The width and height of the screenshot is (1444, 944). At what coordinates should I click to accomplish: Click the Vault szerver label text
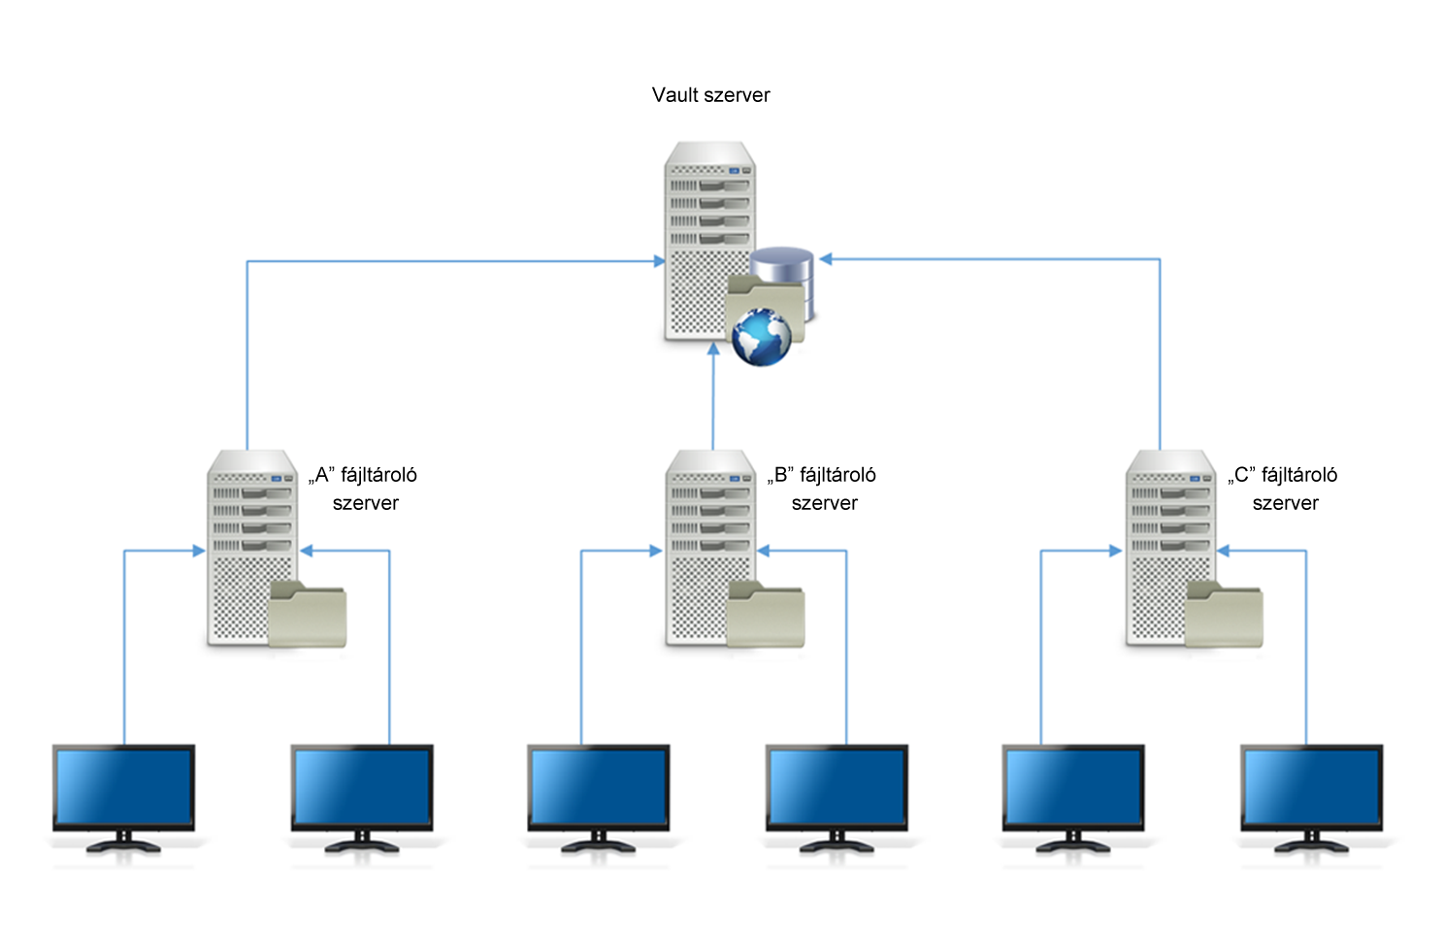pyautogui.click(x=710, y=95)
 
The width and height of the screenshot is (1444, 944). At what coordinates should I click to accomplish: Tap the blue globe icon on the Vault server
pyautogui.click(x=762, y=337)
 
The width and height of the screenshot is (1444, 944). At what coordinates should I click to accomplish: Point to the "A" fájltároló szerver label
pyautogui.click(x=364, y=489)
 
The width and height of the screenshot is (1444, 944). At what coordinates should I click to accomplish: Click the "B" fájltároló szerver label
pyautogui.click(x=823, y=489)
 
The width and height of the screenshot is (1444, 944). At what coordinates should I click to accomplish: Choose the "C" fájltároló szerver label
pyautogui.click(x=1283, y=489)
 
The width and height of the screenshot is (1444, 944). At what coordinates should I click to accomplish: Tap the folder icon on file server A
pyautogui.click(x=307, y=615)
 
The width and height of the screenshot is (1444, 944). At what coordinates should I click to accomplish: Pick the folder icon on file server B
pyautogui.click(x=766, y=615)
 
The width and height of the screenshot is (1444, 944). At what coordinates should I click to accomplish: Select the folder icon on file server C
pyautogui.click(x=1225, y=615)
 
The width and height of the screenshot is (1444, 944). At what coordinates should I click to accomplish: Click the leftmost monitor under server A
pyautogui.click(x=123, y=788)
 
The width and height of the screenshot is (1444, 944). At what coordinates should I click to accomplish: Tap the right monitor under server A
pyautogui.click(x=362, y=788)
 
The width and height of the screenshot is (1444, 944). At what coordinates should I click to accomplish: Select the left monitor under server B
pyautogui.click(x=598, y=788)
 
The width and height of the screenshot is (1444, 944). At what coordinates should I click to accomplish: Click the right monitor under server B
pyautogui.click(x=837, y=788)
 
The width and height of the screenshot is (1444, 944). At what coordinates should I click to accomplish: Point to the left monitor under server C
pyautogui.click(x=1072, y=788)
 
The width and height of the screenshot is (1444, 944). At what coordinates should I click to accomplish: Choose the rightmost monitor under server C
pyautogui.click(x=1311, y=788)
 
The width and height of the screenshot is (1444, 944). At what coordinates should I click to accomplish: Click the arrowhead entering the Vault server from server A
pyautogui.click(x=660, y=261)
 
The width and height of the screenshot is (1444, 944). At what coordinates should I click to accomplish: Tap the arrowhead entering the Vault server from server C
pyautogui.click(x=826, y=259)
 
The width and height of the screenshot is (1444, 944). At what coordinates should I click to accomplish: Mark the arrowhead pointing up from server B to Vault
pyautogui.click(x=713, y=349)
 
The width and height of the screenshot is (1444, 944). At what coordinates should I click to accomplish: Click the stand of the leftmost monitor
pyautogui.click(x=123, y=842)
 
